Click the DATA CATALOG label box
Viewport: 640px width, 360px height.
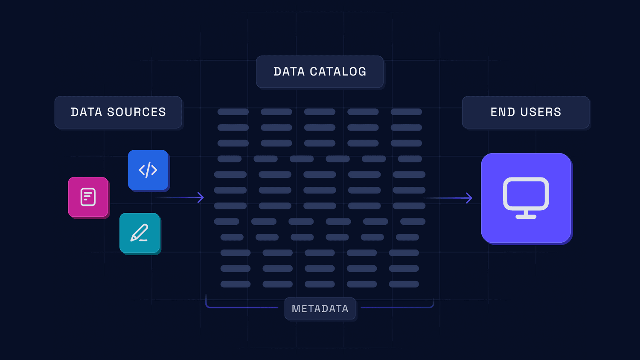(320, 72)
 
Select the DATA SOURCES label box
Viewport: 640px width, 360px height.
(118, 112)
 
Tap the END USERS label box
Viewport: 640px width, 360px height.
(526, 112)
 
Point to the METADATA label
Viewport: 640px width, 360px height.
(320, 308)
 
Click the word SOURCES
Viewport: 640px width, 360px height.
(137, 112)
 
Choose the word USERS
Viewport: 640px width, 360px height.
(541, 112)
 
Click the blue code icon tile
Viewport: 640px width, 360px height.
(148, 170)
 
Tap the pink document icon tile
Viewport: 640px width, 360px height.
(88, 197)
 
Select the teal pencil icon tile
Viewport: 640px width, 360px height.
(140, 233)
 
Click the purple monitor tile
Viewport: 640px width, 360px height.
(526, 198)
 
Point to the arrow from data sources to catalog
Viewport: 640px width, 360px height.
(179, 197)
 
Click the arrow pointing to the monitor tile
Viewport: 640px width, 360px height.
(448, 198)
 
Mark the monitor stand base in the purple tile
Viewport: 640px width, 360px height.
(526, 217)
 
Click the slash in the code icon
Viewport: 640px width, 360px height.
(148, 170)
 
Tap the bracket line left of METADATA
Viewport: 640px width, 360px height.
(241, 307)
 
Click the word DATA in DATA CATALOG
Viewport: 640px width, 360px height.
(289, 72)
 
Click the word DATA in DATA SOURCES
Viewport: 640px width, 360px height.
(87, 112)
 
